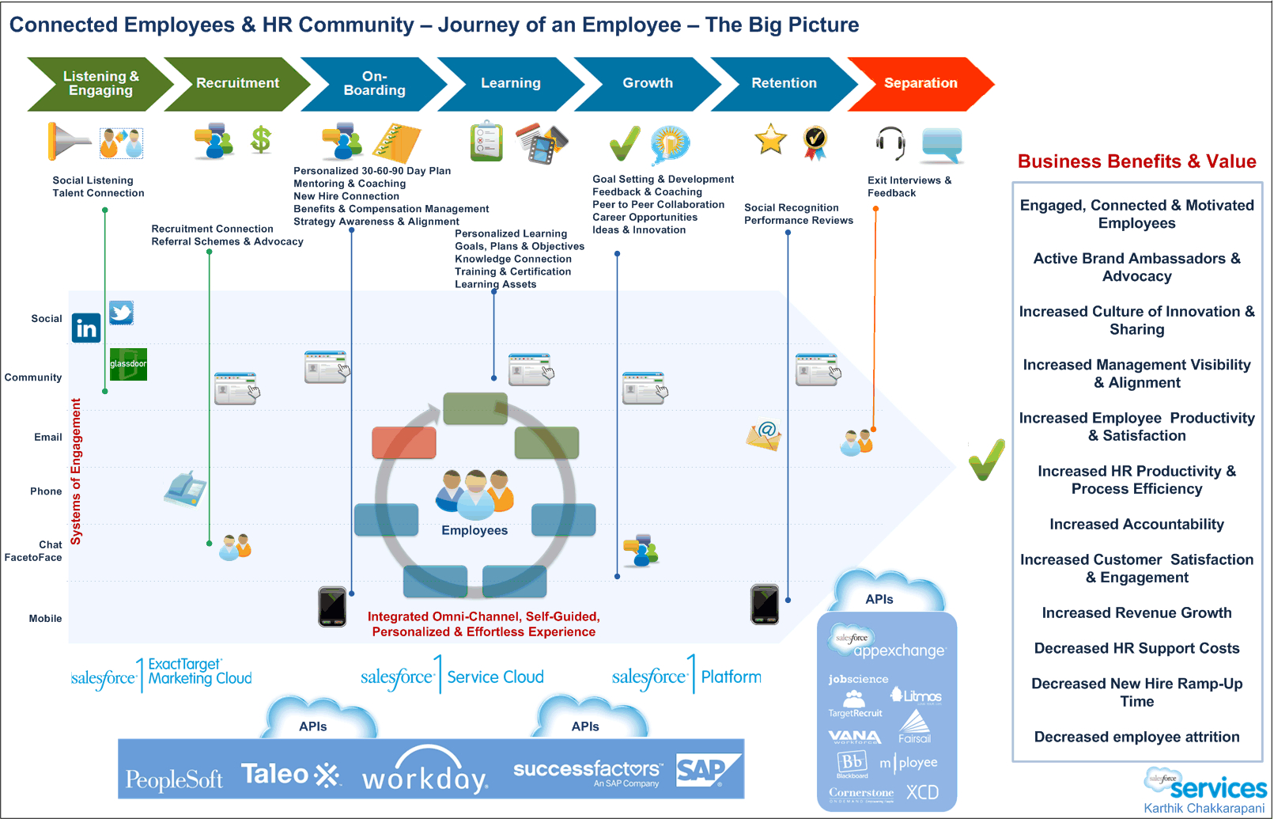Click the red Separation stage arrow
point(920,83)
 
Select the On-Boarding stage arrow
point(374,83)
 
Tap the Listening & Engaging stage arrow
point(100,83)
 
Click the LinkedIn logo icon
point(86,328)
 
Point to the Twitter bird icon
point(121,313)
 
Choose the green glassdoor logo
point(128,364)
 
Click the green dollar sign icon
point(261,140)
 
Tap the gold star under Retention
point(770,139)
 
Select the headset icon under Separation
point(890,143)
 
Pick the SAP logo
point(706,770)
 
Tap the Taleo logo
point(289,775)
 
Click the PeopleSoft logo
point(174,780)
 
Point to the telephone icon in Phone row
point(185,488)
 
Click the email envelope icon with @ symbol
point(764,435)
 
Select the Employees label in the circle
point(474,530)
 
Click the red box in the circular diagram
point(404,443)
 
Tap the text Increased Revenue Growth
point(1136,612)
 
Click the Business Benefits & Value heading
point(1136,161)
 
